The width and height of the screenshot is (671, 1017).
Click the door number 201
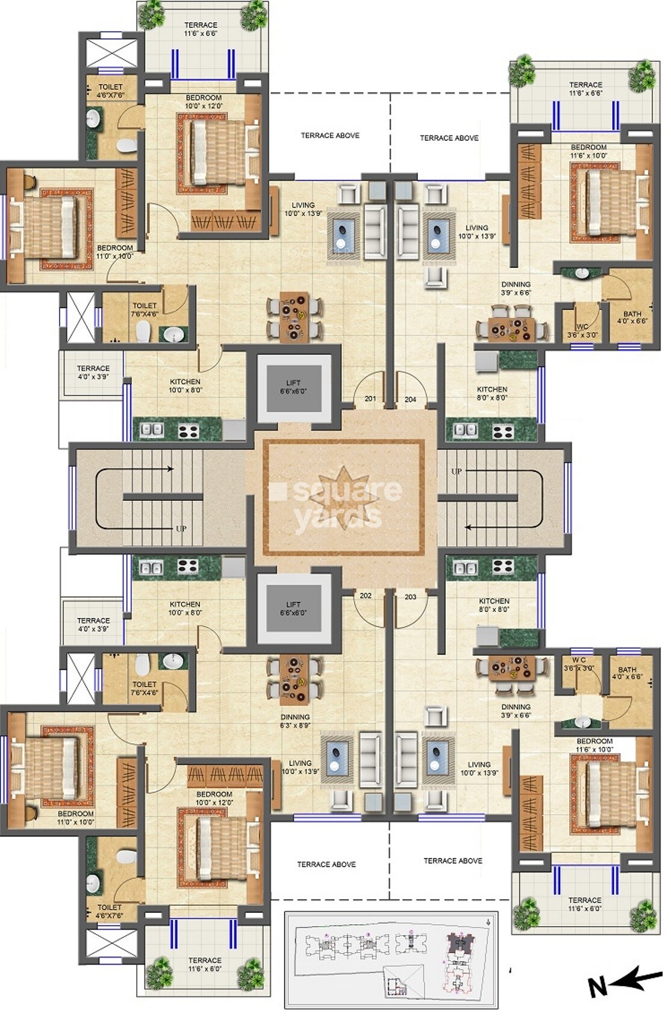click(370, 398)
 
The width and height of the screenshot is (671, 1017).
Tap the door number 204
click(410, 399)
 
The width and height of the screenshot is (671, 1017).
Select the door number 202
click(366, 596)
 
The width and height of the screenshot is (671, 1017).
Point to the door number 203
click(410, 597)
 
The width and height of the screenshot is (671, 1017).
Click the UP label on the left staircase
click(181, 529)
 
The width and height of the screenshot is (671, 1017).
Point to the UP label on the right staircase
click(457, 471)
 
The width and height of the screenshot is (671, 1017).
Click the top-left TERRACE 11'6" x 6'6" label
click(201, 29)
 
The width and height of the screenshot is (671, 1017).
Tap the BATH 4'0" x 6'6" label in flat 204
click(632, 318)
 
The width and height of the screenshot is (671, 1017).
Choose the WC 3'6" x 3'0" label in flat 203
click(579, 664)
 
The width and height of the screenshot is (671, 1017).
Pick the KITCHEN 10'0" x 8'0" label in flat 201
click(185, 386)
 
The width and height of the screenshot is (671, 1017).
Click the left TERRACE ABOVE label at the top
click(330, 135)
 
